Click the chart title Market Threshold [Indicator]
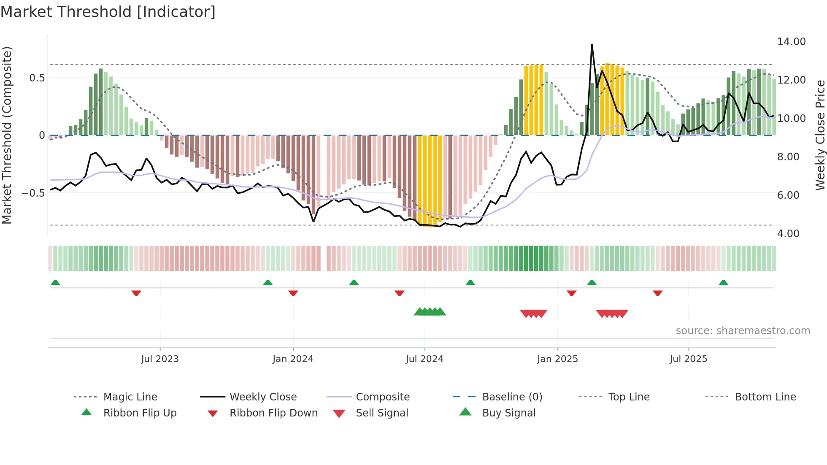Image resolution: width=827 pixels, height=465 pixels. click(x=108, y=12)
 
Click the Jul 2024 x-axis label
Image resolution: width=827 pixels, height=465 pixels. click(x=424, y=359)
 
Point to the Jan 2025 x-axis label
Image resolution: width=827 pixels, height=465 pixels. click(x=557, y=359)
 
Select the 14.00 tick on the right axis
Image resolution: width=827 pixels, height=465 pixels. click(x=791, y=41)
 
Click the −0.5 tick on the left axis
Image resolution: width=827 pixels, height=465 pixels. click(x=33, y=193)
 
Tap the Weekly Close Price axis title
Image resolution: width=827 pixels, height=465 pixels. click(x=820, y=135)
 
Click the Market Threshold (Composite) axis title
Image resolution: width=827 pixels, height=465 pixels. click(x=7, y=135)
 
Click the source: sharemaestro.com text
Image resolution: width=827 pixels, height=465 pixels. click(x=743, y=330)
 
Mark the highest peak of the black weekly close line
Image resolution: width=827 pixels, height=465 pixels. click(x=592, y=44)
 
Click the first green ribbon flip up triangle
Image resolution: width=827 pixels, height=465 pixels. click(x=55, y=283)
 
